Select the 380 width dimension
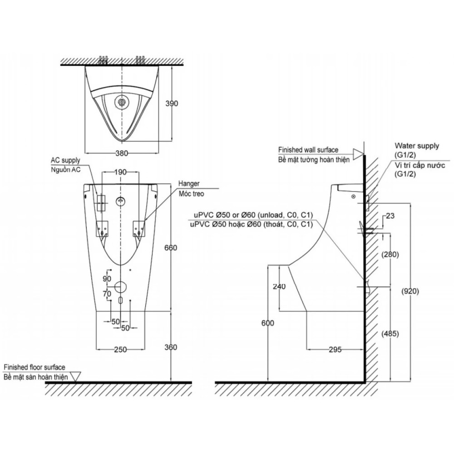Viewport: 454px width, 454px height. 122,153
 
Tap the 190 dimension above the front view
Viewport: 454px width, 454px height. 120,173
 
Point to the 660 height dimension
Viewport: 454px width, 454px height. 171,248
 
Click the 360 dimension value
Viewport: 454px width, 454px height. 171,347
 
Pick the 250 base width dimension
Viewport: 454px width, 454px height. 120,350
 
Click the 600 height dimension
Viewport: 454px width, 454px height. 268,323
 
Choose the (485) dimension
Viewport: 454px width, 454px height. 390,334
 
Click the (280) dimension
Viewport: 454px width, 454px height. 390,255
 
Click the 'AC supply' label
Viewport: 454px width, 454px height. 66,160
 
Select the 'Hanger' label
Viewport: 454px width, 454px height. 189,184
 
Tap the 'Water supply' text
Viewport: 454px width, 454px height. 417,146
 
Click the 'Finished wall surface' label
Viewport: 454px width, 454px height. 308,150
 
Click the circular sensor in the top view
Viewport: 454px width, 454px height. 122,103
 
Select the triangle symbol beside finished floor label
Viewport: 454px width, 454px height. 75,376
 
